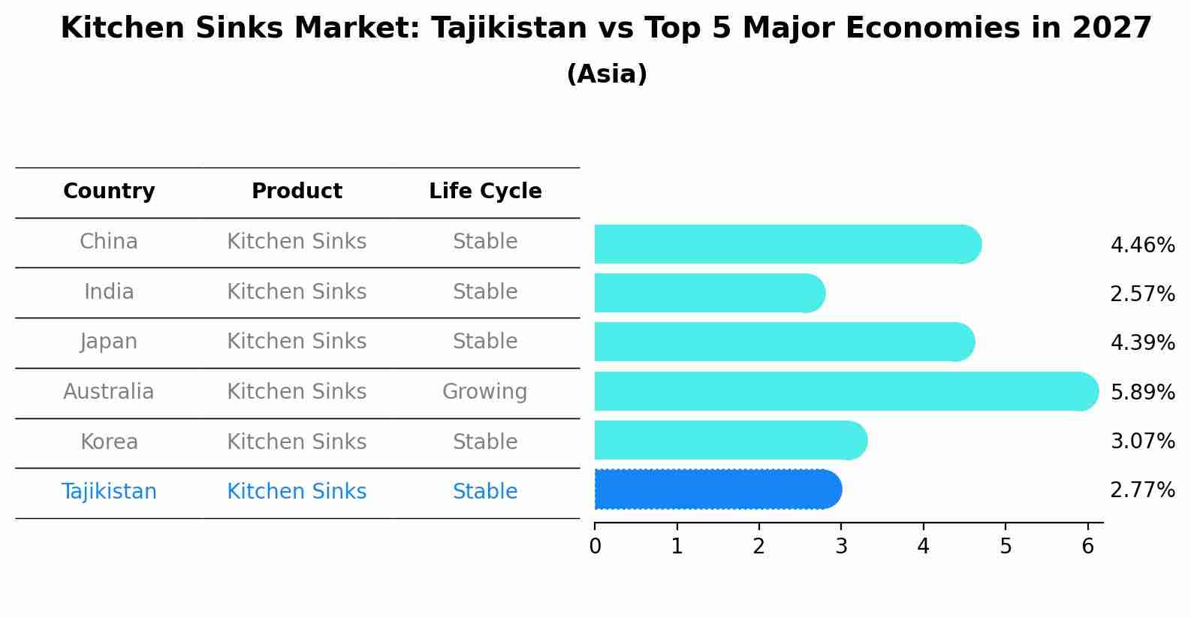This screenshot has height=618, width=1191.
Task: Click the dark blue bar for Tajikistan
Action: (717, 490)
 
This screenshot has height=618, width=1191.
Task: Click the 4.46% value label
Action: (1142, 246)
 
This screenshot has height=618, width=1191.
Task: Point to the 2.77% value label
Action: (1142, 490)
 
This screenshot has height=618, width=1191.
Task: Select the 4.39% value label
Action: (1142, 343)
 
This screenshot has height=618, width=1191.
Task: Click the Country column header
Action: (109, 191)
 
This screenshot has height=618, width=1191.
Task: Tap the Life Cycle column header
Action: (485, 191)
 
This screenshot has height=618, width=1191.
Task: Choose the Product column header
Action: (297, 191)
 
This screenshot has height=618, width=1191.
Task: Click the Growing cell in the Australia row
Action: (484, 392)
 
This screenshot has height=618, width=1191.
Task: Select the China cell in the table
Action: (109, 242)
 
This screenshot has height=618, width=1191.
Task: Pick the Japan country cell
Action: (109, 342)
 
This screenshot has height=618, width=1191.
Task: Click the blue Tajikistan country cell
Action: (109, 492)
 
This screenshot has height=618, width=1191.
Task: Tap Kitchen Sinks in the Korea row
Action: (297, 442)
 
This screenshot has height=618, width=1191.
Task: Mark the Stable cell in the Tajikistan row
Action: (484, 492)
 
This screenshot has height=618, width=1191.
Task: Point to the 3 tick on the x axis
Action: (841, 546)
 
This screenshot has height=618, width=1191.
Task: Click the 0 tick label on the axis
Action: (595, 546)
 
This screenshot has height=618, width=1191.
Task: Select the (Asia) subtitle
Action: (607, 74)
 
